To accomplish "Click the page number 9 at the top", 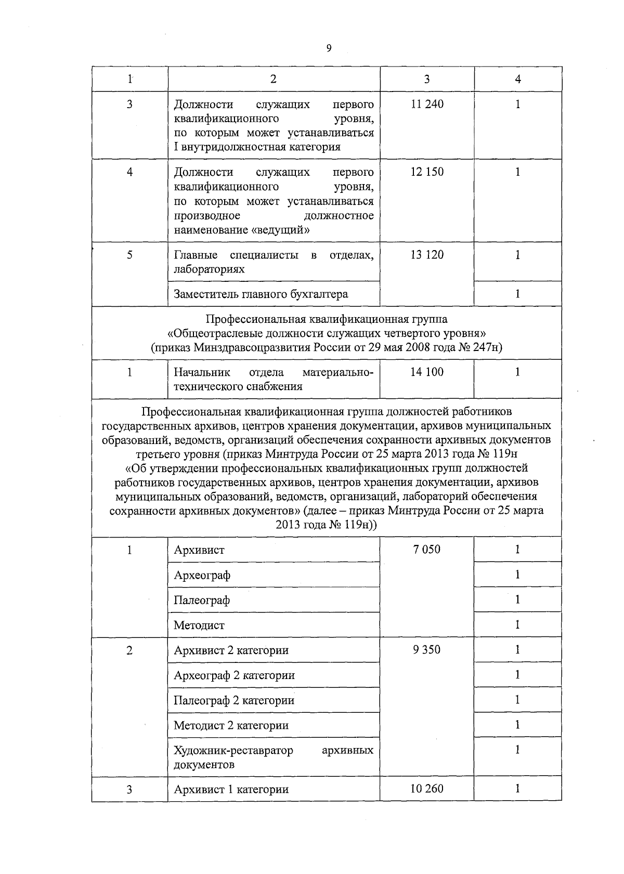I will tap(328, 48).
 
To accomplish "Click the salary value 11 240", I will tap(427, 104).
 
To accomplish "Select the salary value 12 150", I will tap(427, 172).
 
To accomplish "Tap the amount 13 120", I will tap(427, 255).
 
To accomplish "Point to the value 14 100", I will tap(427, 372).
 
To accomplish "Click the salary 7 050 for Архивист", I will tap(427, 550).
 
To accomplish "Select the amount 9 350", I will tap(427, 650).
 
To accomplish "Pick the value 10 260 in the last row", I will tap(427, 789).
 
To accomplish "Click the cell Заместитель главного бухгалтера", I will tap(261, 294).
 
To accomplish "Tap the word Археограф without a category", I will tap(202, 576).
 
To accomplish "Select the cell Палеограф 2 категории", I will tap(234, 700).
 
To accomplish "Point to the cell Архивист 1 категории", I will tap(231, 789).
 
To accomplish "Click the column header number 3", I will tap(427, 79).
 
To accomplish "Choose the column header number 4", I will tap(518, 79).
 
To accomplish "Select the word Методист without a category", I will tap(199, 625).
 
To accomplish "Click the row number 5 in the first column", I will tap(129, 255).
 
